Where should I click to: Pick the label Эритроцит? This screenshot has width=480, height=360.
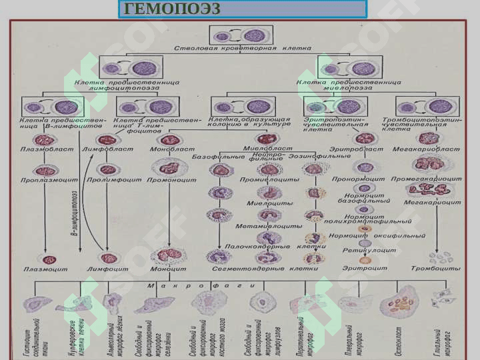365,269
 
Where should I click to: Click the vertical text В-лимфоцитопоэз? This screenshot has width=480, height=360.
75,213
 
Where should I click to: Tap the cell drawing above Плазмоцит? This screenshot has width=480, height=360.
48,258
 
